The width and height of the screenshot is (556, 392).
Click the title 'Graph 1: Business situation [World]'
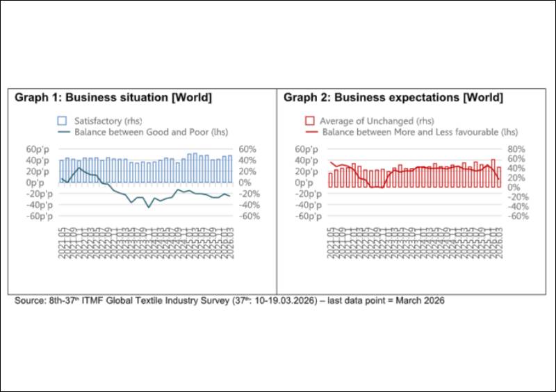coord(113,97)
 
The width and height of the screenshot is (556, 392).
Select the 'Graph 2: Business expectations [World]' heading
coord(393,97)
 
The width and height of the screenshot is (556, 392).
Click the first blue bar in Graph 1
coord(61,171)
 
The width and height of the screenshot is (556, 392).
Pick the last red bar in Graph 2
coord(499,177)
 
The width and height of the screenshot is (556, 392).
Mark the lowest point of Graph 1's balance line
coord(148,207)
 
